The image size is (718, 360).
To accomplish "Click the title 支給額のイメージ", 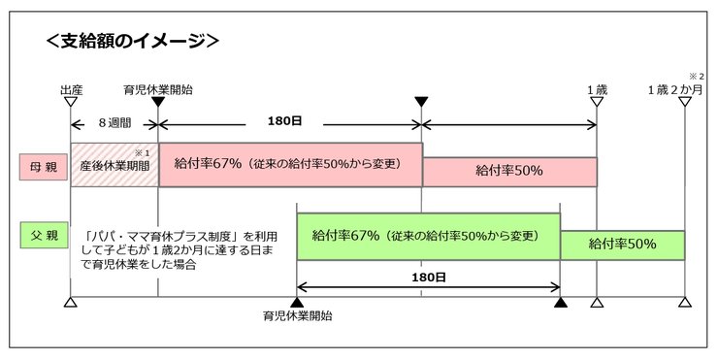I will (131, 41).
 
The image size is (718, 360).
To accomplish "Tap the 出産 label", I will (70, 89).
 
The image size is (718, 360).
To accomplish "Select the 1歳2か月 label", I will (677, 89).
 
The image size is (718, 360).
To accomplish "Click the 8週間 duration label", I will (114, 124).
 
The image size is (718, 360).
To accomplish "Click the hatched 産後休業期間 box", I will (114, 165).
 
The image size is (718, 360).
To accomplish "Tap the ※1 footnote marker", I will (141, 152).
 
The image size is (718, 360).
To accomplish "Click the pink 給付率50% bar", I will (509, 171).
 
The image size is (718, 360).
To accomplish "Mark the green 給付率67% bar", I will (428, 235).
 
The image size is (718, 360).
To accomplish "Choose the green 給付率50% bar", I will (622, 245).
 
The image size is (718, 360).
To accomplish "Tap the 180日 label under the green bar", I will (428, 278).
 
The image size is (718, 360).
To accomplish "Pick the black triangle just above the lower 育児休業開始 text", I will (296, 304).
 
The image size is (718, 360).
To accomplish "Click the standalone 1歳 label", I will (597, 89).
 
